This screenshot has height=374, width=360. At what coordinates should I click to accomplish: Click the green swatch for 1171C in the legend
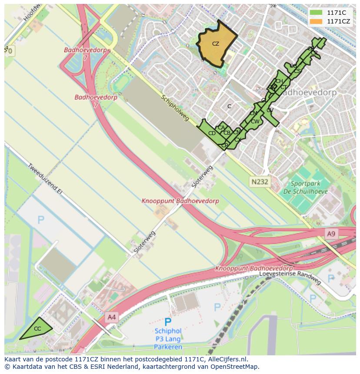point(316,13)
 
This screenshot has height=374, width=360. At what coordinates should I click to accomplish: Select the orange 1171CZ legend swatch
point(316,21)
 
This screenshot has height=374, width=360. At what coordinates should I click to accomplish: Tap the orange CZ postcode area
point(216,44)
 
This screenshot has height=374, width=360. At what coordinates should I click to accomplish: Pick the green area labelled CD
point(212,133)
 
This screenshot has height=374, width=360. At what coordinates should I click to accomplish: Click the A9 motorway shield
point(331,234)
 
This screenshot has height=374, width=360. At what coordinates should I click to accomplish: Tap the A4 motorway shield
point(112,317)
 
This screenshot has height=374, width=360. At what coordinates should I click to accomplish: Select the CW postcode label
point(255,121)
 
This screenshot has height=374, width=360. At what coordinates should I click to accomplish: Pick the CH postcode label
point(279,81)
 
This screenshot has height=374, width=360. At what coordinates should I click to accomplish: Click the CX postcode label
point(238,140)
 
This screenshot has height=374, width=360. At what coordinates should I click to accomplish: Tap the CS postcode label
point(297,71)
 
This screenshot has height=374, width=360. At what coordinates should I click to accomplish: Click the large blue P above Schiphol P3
point(168,322)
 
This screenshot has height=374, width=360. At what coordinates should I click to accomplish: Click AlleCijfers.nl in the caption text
point(227,359)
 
